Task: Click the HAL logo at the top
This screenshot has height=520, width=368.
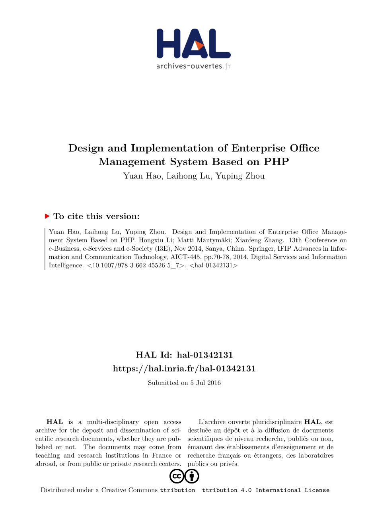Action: point(193,44)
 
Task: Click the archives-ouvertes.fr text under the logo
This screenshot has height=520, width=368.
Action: point(193,66)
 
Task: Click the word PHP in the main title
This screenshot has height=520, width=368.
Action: point(276,162)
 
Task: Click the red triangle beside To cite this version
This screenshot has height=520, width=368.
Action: point(47,216)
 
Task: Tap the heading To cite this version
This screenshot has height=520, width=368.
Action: point(96,217)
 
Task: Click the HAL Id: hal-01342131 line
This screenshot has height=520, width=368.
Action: point(184,355)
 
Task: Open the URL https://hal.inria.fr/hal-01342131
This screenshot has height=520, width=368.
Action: point(184,369)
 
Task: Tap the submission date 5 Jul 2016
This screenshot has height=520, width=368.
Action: point(206,383)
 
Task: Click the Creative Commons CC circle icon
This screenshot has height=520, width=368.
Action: point(177,476)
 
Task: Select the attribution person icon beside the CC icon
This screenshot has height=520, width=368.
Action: point(192,476)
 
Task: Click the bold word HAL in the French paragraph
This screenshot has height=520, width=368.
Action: point(312,422)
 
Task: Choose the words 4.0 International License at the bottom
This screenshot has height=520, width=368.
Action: point(285,490)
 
